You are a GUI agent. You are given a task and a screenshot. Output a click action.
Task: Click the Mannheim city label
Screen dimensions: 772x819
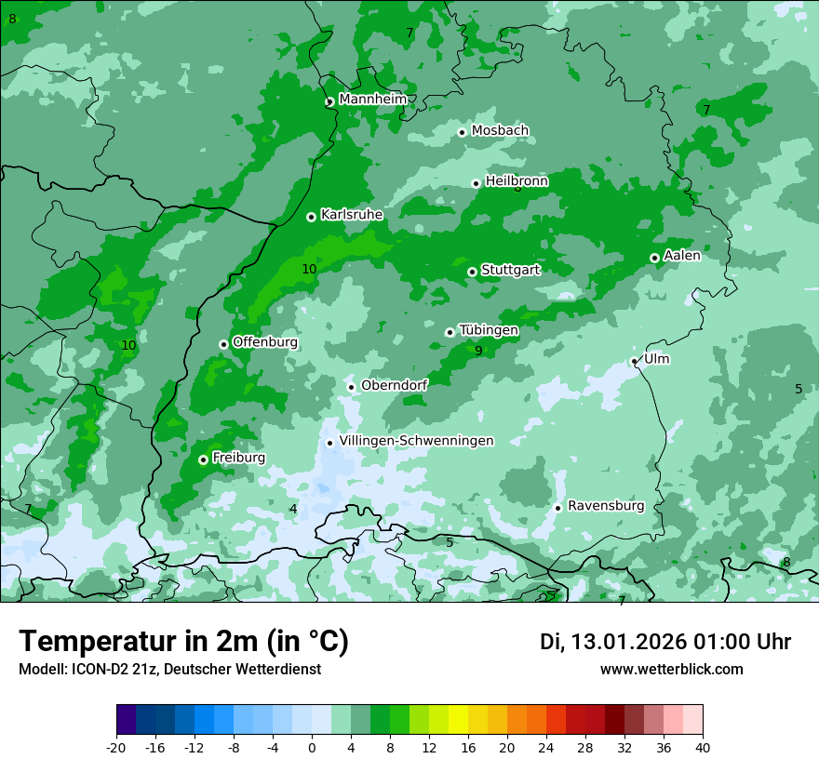tap(372, 100)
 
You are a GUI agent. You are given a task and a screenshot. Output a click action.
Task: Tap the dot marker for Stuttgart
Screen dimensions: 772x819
tap(473, 272)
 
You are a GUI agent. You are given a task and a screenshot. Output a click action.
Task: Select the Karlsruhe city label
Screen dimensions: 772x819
tap(352, 215)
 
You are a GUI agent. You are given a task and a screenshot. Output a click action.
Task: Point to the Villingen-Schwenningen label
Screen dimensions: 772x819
tap(416, 441)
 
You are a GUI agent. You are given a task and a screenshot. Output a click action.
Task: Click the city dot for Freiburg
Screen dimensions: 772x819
tap(203, 459)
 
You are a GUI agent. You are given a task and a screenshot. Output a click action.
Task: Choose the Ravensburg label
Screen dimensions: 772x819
tap(606, 506)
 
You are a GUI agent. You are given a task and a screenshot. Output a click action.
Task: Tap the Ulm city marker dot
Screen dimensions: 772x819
tap(635, 361)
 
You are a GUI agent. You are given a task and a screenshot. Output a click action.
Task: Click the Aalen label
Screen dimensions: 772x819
tap(682, 256)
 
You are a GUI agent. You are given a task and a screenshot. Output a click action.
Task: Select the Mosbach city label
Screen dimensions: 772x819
tap(500, 131)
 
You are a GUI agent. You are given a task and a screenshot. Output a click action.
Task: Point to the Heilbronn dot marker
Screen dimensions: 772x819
tap(477, 183)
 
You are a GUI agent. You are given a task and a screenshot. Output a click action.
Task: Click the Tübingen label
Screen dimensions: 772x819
tap(489, 330)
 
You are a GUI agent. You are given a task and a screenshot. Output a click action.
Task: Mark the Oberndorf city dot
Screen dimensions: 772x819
tap(351, 387)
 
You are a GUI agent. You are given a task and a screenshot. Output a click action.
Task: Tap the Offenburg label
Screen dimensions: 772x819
tap(265, 342)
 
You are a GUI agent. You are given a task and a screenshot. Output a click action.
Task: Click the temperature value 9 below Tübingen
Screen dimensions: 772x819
tap(478, 351)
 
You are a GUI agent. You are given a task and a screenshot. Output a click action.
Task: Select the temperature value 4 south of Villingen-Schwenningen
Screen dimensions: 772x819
tap(293, 509)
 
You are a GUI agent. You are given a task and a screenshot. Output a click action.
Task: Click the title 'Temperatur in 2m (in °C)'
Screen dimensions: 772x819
tap(183, 641)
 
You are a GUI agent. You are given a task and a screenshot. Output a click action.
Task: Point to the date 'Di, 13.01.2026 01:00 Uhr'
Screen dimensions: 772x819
tap(665, 642)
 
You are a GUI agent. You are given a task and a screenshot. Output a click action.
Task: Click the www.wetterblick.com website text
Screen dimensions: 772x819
tap(671, 670)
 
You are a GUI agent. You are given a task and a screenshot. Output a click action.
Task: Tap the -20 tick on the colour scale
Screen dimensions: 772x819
tap(116, 747)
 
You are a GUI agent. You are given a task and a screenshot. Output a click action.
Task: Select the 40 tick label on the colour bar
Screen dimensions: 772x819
tap(702, 747)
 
